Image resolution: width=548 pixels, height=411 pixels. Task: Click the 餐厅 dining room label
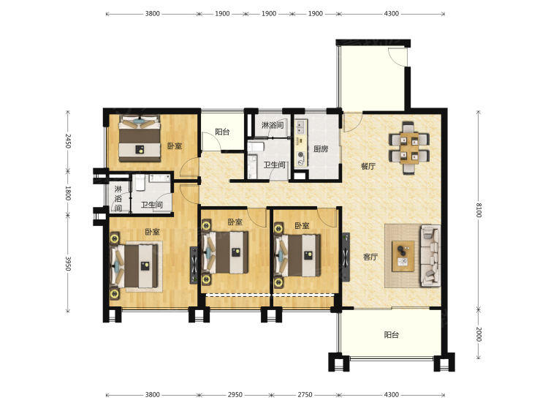point(368,166)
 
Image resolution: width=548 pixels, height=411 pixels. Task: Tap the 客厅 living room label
point(370,257)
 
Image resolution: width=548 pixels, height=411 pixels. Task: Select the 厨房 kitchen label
point(321,149)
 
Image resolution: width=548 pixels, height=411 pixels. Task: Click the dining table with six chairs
point(409,148)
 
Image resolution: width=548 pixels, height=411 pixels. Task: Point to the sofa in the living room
point(430,256)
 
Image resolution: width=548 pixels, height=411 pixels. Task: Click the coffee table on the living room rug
point(403,256)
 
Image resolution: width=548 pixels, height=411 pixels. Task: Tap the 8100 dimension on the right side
point(479,210)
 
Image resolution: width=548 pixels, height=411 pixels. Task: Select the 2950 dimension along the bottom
point(235,395)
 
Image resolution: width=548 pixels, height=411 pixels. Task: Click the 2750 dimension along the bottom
point(305,395)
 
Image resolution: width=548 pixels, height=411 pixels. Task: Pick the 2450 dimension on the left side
point(68,141)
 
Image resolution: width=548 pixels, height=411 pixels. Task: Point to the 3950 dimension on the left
point(68,263)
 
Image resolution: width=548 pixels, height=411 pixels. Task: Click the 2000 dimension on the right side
point(479,334)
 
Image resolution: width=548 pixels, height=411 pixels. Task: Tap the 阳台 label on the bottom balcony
point(392,335)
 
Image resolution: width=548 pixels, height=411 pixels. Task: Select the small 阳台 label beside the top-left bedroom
point(222,132)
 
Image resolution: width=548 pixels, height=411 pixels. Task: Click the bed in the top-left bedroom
point(140,138)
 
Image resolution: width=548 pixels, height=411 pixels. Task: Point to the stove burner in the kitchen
point(300,154)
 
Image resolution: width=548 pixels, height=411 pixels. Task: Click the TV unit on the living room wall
point(346,257)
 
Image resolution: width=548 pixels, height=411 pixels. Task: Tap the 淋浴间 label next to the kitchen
point(273,125)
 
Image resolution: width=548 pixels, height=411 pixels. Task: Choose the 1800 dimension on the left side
point(68,193)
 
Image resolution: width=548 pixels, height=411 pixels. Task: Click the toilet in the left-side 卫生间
point(140,183)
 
